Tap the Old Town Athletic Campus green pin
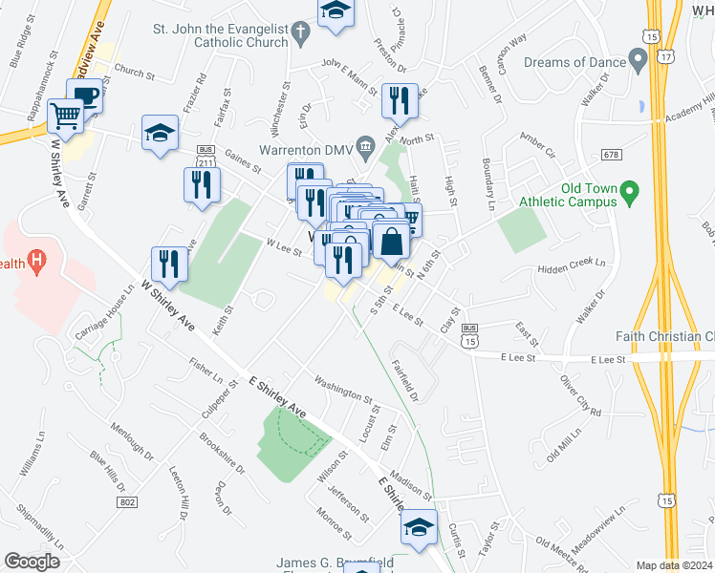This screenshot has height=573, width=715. [629, 194]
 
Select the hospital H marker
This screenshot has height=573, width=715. [36, 259]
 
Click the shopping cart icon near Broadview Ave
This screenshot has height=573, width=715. [66, 117]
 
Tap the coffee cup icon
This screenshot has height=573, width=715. [84, 95]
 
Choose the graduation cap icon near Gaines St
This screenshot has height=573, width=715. [160, 134]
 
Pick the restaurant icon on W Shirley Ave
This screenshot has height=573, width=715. [169, 265]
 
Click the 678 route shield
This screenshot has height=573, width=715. [613, 154]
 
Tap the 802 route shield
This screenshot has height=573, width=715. [125, 501]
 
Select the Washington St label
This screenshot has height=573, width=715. [341, 392]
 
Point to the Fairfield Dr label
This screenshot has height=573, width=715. [405, 378]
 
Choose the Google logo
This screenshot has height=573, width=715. [32, 562]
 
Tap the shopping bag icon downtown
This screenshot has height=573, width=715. [392, 241]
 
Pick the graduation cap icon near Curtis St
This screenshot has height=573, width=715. [418, 528]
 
